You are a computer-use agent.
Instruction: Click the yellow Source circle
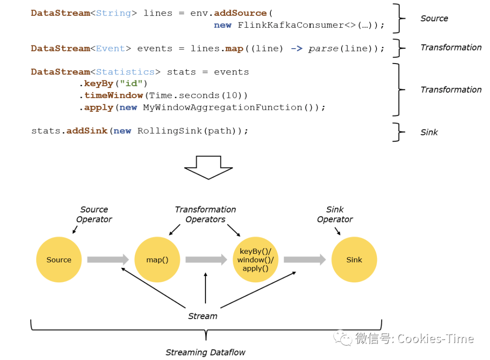tap(59, 260)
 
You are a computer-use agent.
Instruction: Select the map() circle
tap(157, 260)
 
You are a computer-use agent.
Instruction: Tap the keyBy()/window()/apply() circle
tap(255, 260)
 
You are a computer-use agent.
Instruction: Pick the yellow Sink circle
tap(354, 260)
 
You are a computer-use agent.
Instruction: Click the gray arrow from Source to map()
tap(108, 260)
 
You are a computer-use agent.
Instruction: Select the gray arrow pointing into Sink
tap(304, 260)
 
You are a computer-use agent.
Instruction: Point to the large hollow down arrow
tap(208, 168)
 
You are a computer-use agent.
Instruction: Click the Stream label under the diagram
tap(203, 316)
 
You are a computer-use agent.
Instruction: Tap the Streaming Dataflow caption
tap(206, 352)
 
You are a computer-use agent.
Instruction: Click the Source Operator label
tap(94, 214)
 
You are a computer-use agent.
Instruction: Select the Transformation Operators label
tap(206, 214)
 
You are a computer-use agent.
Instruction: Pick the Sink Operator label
tap(335, 214)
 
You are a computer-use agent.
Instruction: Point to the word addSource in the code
tap(240, 13)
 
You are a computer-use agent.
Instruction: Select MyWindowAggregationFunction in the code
tap(222, 108)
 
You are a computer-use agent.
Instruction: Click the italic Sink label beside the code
tap(429, 133)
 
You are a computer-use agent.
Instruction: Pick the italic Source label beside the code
tap(434, 19)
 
